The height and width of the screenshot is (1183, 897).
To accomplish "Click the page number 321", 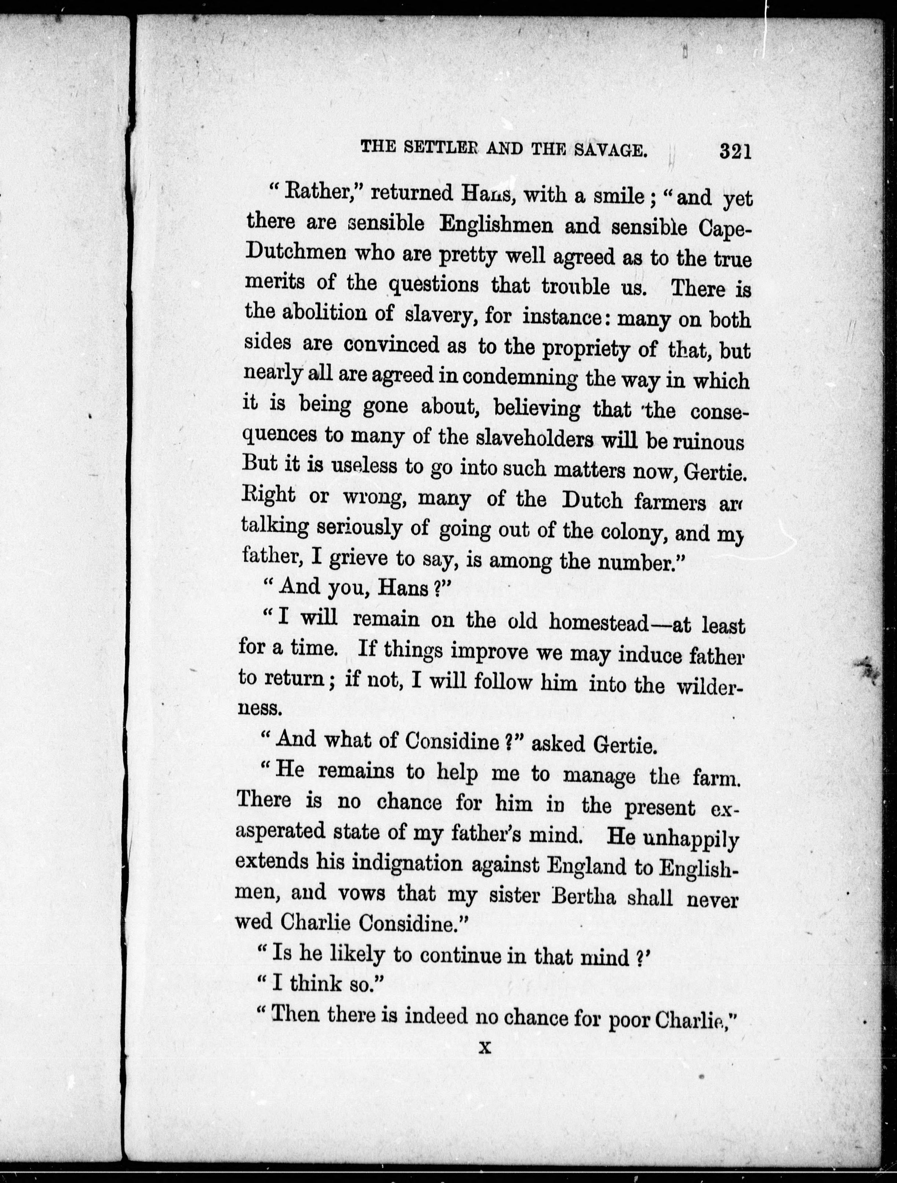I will point(736,151).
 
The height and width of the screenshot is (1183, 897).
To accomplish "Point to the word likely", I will point(358,954).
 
